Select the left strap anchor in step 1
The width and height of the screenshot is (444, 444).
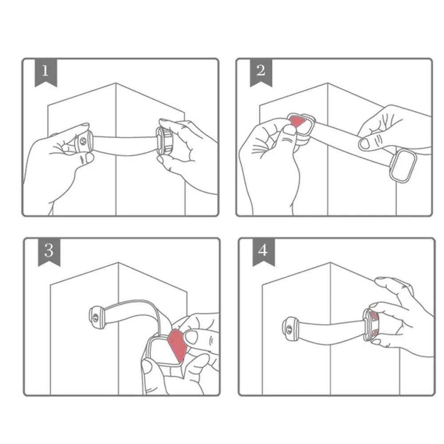point(83,141)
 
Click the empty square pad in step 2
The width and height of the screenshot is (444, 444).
point(403,165)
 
